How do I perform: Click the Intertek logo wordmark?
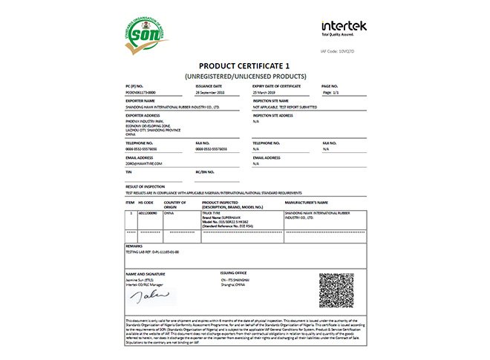click(344, 26)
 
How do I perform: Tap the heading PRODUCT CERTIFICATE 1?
click(244, 65)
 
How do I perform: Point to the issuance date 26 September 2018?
click(214, 93)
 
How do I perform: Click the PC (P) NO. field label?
click(135, 86)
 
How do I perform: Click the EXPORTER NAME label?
click(140, 100)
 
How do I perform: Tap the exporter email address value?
click(144, 163)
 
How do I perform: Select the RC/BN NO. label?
click(205, 171)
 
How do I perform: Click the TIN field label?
click(129, 171)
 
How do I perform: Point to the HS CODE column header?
click(146, 202)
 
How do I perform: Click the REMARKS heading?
click(134, 245)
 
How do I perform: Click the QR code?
click(336, 290)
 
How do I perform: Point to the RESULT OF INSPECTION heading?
click(148, 186)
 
